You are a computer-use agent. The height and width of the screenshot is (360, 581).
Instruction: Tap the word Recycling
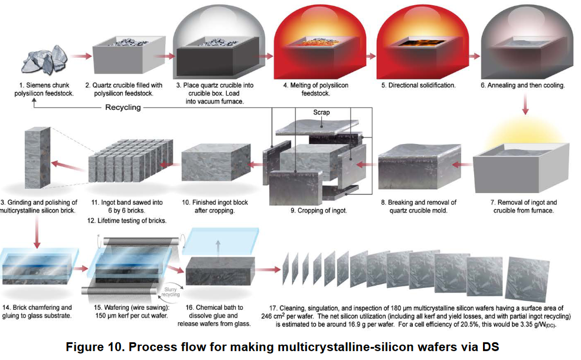[123, 107]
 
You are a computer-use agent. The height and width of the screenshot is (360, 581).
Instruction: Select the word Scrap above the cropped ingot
[322, 112]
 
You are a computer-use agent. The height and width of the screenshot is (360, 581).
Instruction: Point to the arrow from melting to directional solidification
[371, 56]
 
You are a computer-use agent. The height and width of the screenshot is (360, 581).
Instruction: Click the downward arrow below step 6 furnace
[525, 107]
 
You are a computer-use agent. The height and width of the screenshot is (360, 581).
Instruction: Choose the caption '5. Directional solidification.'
[418, 86]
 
